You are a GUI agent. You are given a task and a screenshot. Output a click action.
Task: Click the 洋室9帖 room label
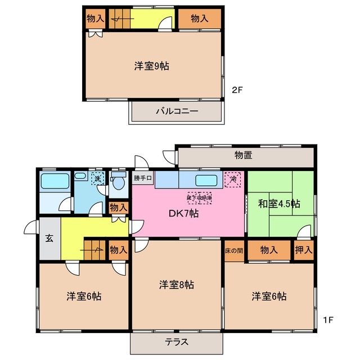(152, 66)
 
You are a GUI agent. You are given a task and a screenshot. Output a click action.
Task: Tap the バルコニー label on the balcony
(177, 111)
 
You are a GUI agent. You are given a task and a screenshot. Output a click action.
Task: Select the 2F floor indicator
(238, 88)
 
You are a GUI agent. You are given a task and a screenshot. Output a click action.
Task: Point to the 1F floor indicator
(329, 320)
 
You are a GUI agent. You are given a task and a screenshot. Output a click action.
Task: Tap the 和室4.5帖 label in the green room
(279, 204)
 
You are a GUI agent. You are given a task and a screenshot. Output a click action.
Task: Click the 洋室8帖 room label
(177, 285)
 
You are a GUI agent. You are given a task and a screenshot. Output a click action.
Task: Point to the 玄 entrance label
(49, 238)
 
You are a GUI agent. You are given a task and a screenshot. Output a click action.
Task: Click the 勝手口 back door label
(143, 178)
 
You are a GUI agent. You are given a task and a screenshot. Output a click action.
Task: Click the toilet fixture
(118, 181)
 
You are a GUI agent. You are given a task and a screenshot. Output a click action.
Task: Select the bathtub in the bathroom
(55, 182)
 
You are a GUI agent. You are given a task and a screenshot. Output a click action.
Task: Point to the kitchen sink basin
(205, 181)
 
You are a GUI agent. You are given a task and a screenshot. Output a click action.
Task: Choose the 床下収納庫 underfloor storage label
(200, 197)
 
